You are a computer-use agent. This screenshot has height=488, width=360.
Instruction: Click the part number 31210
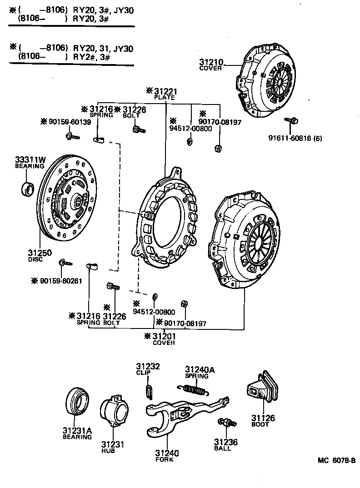(210, 62)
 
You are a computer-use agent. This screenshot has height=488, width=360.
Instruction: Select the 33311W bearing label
(30, 159)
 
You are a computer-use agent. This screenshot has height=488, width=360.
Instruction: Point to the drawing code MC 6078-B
(335, 460)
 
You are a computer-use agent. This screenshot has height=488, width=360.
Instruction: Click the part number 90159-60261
(57, 281)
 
